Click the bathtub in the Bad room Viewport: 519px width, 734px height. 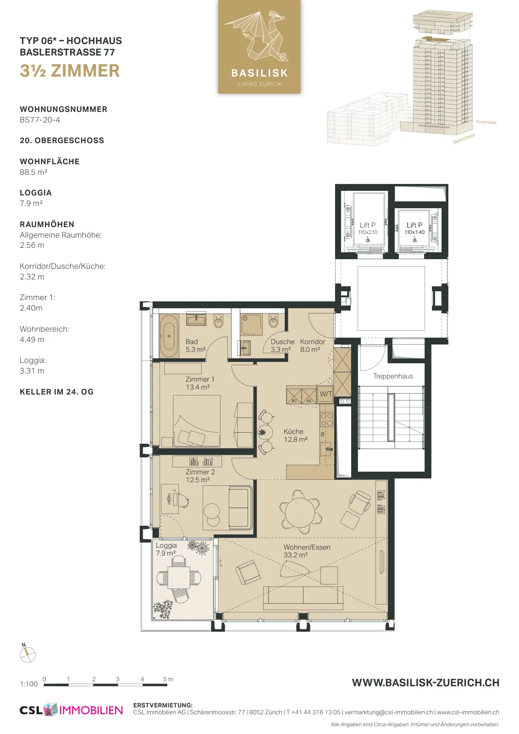click(x=169, y=336)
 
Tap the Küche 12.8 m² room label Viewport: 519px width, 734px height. click(x=295, y=435)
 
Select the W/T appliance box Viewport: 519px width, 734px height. click(x=326, y=394)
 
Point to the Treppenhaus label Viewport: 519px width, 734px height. click(x=392, y=376)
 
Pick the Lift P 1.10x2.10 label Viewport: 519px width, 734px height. click(x=367, y=228)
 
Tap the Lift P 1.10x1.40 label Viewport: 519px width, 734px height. click(x=414, y=228)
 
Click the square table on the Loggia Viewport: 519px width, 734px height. click(x=178, y=578)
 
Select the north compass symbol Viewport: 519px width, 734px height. click(x=27, y=654)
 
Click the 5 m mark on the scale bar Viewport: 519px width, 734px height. click(x=168, y=679)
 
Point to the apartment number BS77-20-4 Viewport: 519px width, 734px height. click(x=39, y=120)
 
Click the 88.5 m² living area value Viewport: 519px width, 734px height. click(x=33, y=172)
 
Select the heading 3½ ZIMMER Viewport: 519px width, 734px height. click(x=70, y=71)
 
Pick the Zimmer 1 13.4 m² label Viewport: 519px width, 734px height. click(x=199, y=383)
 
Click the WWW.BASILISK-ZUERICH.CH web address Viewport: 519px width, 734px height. click(x=425, y=683)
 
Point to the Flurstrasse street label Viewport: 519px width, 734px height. click(x=486, y=122)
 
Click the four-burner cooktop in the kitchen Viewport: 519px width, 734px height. click(x=326, y=419)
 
